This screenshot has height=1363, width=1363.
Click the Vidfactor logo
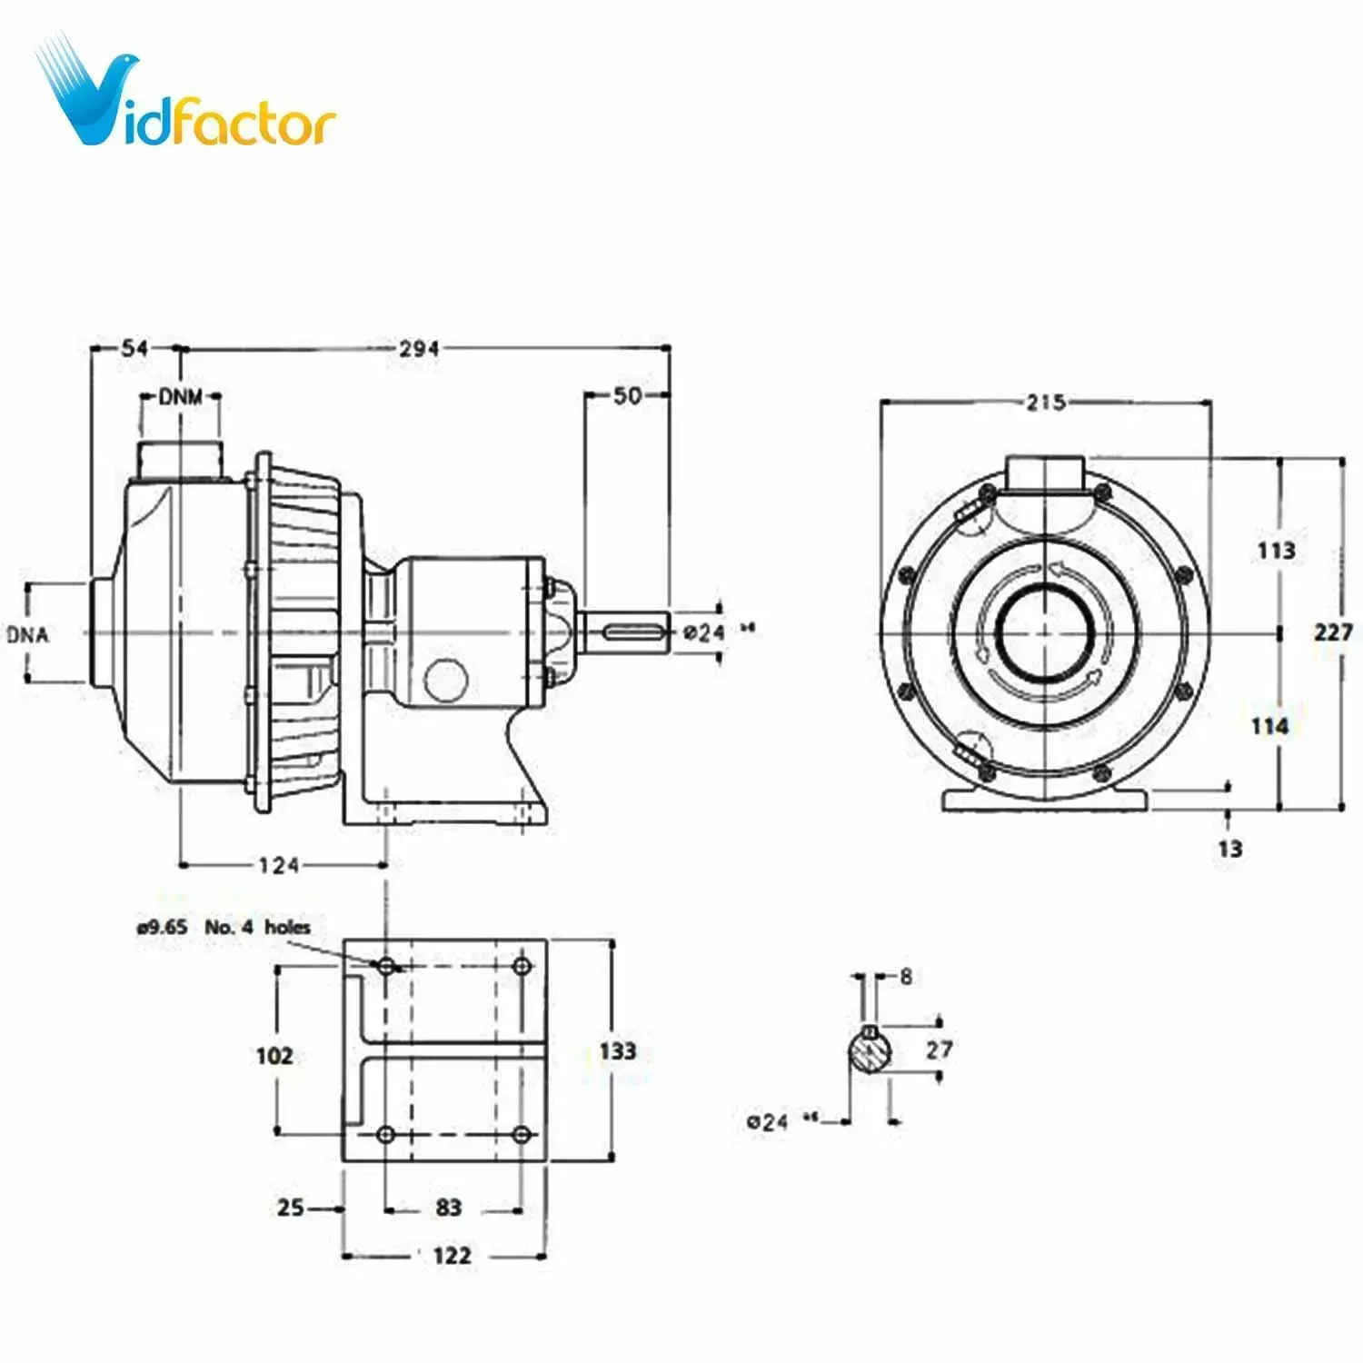pos(186,100)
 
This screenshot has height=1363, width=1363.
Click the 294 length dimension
pos(419,349)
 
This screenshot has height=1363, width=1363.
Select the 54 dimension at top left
pos(134,348)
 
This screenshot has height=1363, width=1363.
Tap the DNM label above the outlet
pos(181,397)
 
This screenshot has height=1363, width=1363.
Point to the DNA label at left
pos(28,634)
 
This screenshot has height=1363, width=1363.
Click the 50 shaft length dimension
pos(627,396)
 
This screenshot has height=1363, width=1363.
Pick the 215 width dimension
pos(1045,403)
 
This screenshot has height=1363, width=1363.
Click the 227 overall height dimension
pos(1333,632)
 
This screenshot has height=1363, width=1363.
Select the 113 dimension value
pos(1276,550)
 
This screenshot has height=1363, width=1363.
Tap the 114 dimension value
pos(1269,726)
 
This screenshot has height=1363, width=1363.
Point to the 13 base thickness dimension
pos(1229,849)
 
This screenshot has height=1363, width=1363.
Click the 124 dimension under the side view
pos(278,865)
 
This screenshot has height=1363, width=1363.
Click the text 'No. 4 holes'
pos(257,927)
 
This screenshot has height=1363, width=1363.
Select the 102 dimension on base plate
pos(274,1056)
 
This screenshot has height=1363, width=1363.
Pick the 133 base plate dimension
pos(618,1051)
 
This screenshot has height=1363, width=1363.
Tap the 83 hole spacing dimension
pos(449,1208)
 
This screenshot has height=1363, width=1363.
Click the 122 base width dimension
pos(452,1256)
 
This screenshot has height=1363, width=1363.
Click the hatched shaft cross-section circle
pos(870,1052)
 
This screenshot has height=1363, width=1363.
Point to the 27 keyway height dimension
pos(939,1050)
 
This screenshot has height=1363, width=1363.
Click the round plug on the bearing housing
pos(446,680)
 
